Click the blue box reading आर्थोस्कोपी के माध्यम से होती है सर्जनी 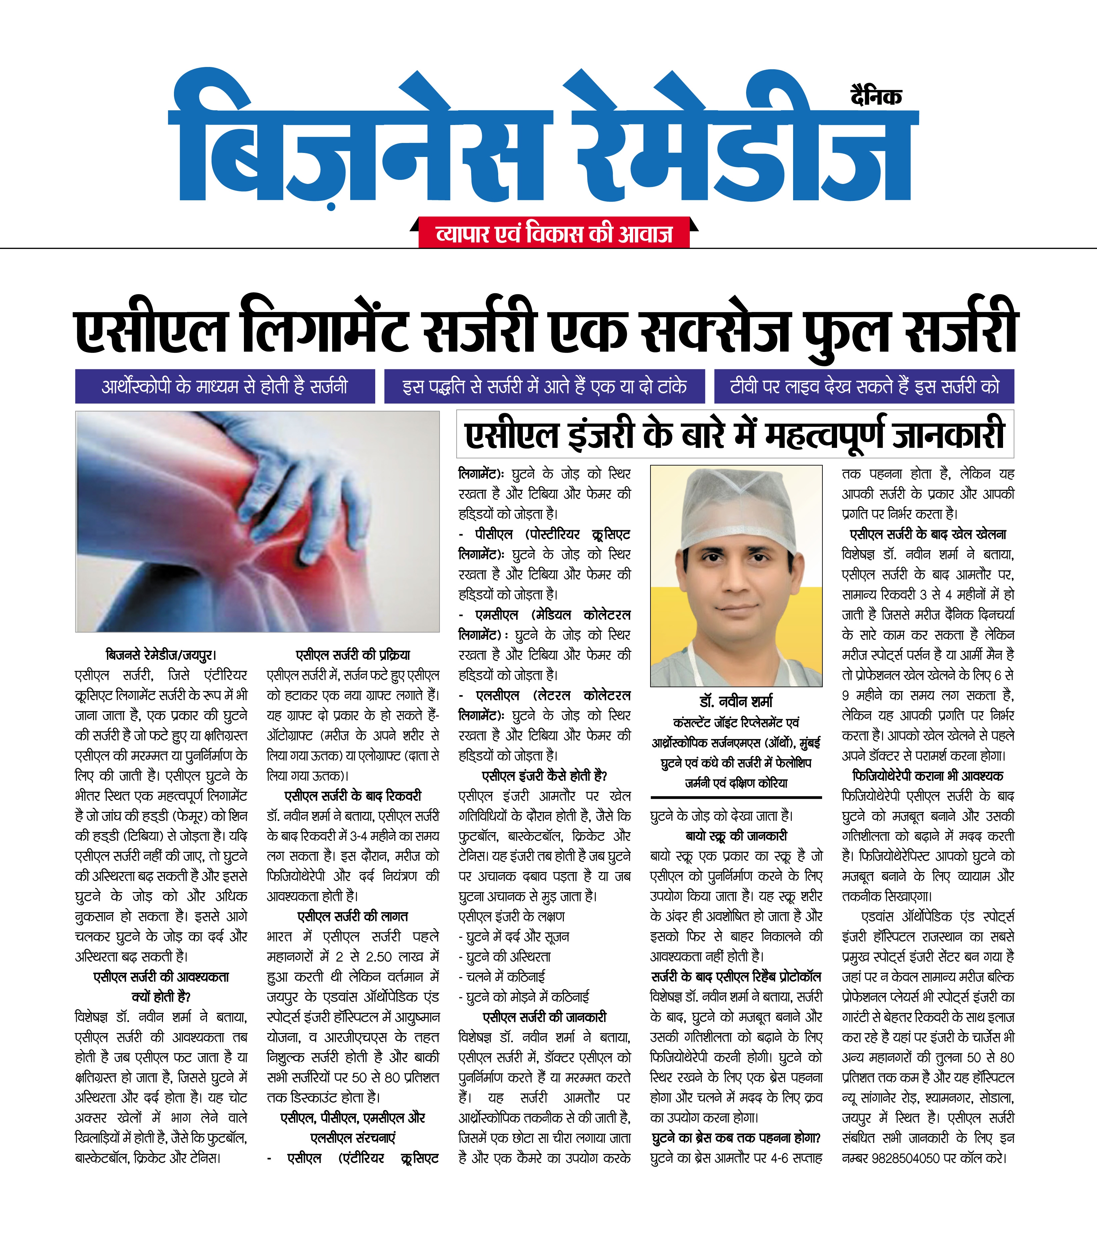click(225, 386)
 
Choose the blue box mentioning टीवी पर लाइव click(864, 386)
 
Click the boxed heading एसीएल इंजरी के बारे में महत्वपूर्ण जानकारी click(734, 435)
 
